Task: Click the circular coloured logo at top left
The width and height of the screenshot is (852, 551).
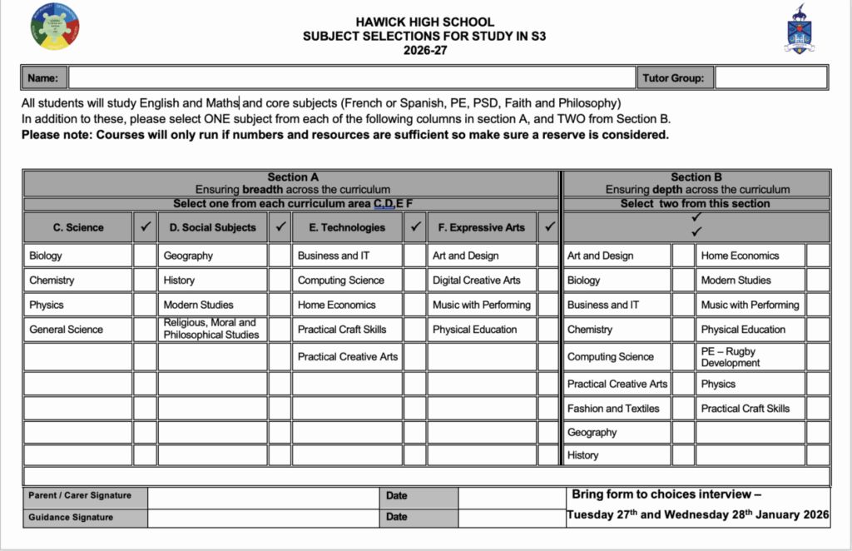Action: tap(55, 27)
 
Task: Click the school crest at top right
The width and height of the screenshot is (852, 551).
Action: tap(800, 29)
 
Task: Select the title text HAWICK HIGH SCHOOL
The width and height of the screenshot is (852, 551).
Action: tap(424, 22)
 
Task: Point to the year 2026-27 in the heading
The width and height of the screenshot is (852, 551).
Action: tap(424, 50)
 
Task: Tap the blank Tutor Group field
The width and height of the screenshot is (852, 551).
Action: tap(770, 78)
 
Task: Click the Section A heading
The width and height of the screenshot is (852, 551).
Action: tap(292, 177)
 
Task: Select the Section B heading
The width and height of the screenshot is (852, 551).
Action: tap(696, 177)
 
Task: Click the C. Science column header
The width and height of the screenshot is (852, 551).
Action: tap(78, 227)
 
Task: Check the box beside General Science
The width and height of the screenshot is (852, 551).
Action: tap(145, 330)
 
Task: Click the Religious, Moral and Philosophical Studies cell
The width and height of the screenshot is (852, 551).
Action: tap(211, 330)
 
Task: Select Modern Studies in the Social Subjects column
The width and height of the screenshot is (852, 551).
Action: tap(211, 305)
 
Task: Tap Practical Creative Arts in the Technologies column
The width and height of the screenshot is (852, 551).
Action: tap(347, 357)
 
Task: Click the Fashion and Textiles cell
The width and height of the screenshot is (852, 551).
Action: tap(617, 409)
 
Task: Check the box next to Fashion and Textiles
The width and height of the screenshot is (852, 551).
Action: tap(683, 409)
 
